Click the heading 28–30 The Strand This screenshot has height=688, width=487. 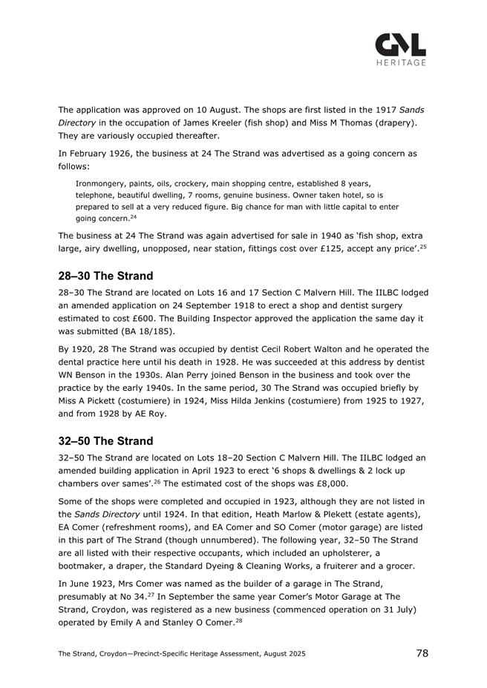(x=106, y=276)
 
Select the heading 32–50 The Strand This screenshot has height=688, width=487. (x=106, y=440)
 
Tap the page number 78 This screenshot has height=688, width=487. (x=422, y=652)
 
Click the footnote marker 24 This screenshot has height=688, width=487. (x=133, y=217)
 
